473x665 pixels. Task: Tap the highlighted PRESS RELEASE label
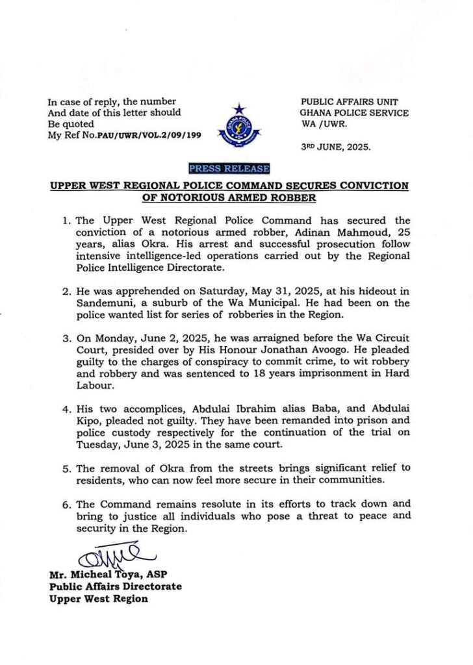[229, 169]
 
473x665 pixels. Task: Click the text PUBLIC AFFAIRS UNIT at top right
[349, 102]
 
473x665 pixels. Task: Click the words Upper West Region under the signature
[99, 599]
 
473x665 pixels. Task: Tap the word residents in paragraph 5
[102, 481]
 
